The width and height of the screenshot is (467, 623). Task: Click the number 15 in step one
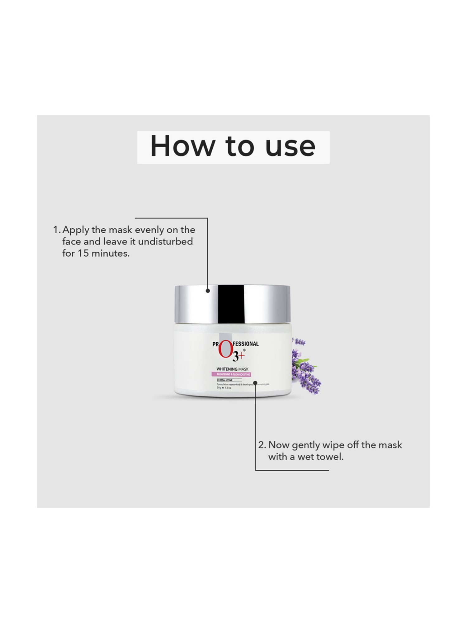(x=83, y=253)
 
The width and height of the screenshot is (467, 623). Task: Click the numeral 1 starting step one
(x=56, y=230)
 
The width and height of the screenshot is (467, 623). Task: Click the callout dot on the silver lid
(x=208, y=291)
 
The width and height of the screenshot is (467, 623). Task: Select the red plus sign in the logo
(x=242, y=355)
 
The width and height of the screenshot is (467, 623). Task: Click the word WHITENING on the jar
(x=227, y=369)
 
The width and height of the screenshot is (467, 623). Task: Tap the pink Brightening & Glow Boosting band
(x=233, y=374)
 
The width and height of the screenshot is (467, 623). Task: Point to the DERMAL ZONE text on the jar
(x=224, y=380)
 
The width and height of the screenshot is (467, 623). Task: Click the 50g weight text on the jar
(x=219, y=388)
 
